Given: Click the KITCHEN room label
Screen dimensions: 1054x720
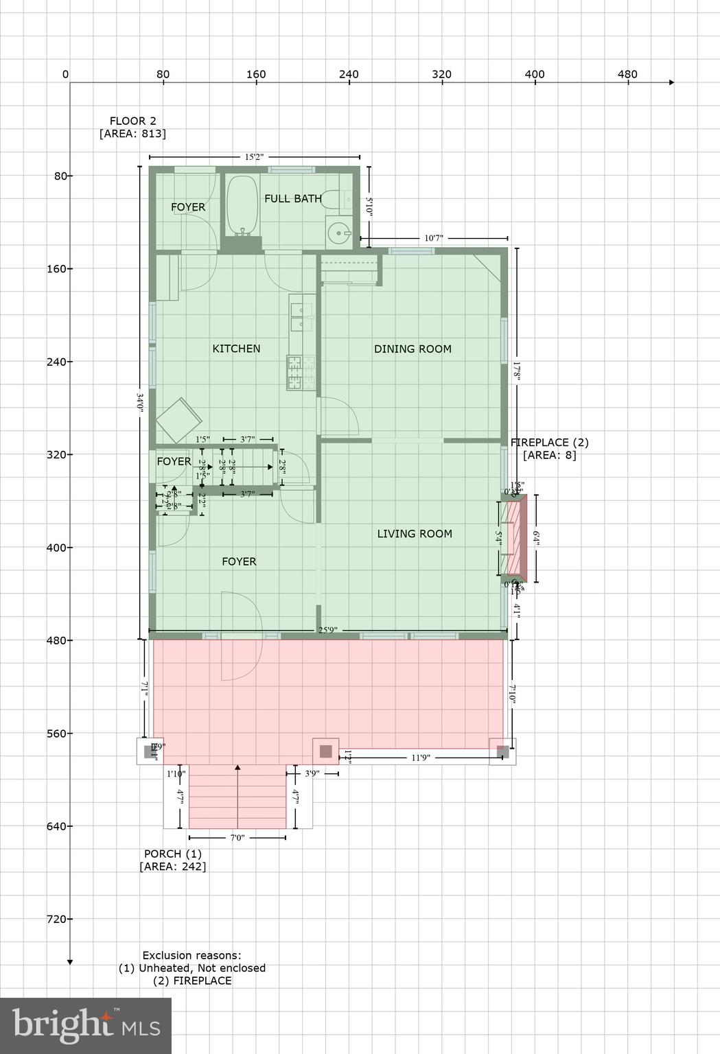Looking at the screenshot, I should click(x=236, y=349).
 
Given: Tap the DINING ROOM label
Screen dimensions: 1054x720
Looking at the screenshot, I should click(x=413, y=349).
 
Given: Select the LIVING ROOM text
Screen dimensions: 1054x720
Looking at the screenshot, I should click(x=415, y=533).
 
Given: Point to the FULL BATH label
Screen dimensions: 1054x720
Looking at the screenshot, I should click(x=293, y=198).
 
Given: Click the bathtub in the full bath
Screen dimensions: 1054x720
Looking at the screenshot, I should click(x=242, y=207).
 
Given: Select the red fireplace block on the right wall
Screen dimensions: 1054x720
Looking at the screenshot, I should click(x=513, y=538).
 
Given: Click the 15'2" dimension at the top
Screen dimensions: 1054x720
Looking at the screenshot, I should click(x=254, y=157).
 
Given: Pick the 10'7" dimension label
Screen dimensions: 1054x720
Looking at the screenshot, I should click(x=433, y=238).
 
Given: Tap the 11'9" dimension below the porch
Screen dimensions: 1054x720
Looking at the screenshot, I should click(x=421, y=758).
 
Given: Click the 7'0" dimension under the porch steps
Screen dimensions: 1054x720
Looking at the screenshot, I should click(x=237, y=837).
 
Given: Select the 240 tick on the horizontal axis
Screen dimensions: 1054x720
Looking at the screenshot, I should click(x=349, y=75).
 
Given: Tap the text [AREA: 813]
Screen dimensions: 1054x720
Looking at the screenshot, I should click(x=132, y=134).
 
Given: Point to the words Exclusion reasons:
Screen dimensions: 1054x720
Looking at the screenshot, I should click(x=191, y=955).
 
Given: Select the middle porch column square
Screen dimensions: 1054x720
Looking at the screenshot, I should click(x=326, y=751).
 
